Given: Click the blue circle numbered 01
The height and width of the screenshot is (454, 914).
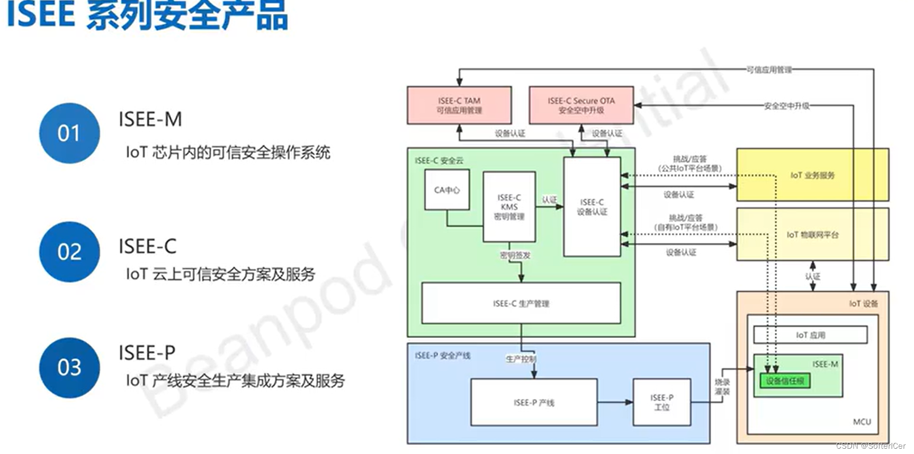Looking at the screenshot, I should (69, 133).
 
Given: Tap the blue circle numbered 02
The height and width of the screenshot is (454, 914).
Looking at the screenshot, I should (69, 252).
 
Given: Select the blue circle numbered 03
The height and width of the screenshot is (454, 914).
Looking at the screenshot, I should (69, 368).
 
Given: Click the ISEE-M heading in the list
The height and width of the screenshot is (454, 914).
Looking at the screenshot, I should (150, 120).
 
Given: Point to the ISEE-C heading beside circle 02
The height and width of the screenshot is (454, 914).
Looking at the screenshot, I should (148, 246).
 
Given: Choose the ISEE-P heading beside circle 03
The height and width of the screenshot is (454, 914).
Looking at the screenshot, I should (147, 353).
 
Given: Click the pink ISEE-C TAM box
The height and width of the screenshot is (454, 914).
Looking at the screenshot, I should (459, 105).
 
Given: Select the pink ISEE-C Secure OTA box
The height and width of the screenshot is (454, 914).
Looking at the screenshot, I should (581, 105).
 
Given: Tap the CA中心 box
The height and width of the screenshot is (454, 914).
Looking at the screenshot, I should (447, 190).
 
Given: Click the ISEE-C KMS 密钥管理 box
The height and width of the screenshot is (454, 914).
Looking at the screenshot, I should (509, 207).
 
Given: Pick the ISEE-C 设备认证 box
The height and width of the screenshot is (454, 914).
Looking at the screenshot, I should (592, 207).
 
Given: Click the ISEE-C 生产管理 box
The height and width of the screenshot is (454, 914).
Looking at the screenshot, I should (521, 304).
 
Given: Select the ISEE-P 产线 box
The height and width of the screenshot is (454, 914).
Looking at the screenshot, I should (534, 403).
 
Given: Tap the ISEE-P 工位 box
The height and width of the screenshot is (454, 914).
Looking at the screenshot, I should (662, 403).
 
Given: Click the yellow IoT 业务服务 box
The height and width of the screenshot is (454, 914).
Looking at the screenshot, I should (812, 175).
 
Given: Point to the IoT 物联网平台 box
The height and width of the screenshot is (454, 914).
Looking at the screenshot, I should (812, 235).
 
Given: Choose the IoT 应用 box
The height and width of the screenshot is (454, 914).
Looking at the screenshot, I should (810, 335).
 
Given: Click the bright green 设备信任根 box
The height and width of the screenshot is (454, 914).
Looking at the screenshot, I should (785, 381).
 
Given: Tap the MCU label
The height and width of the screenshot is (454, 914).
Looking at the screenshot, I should (862, 422).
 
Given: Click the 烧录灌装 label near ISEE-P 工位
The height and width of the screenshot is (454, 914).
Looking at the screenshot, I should (722, 387).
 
